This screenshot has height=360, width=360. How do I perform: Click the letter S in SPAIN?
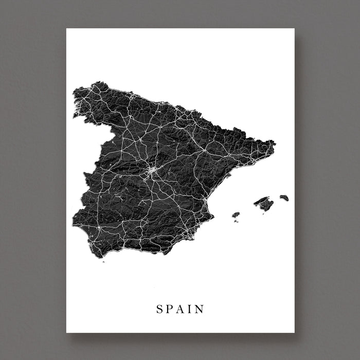point(159,309)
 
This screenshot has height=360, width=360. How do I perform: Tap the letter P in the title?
point(170,309)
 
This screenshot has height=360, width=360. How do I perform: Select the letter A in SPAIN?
point(181,309)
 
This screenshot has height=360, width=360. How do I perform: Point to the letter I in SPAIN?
point(190,309)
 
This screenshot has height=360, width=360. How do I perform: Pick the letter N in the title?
point(200,309)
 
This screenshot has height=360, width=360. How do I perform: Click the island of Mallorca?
point(264,203)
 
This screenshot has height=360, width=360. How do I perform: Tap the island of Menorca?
point(284,197)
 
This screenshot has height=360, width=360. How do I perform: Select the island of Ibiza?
point(236,214)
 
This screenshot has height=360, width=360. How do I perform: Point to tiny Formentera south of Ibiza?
point(237,221)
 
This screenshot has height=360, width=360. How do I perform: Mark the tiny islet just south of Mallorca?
point(263,213)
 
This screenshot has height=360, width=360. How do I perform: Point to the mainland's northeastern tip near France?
point(274,142)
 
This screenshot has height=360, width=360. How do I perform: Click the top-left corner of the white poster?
point(66,28)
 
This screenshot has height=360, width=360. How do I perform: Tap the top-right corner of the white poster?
point(294,28)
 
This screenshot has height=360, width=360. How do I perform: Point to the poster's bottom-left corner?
point(66,332)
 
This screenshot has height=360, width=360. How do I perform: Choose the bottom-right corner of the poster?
point(294,332)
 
